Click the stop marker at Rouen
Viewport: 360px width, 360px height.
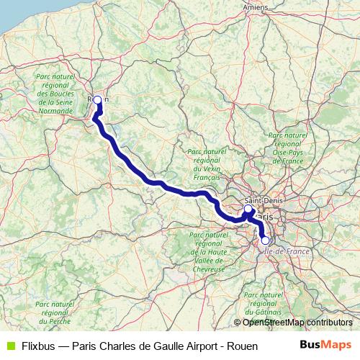(x=97, y=100)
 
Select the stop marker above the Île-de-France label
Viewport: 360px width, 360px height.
(x=265, y=240)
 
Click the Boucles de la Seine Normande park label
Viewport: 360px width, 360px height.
(x=55, y=94)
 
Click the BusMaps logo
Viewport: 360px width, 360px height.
(x=325, y=345)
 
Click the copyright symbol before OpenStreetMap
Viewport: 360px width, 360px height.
(x=237, y=323)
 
